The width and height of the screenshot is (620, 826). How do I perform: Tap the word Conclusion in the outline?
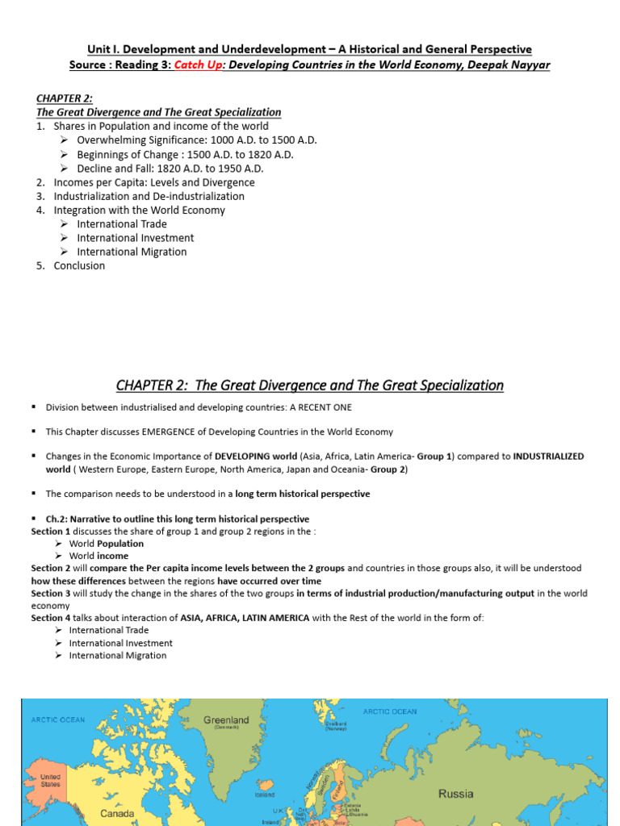(x=79, y=265)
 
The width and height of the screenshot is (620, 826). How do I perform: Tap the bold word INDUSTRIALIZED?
(x=548, y=457)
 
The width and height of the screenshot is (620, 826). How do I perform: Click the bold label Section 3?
(x=51, y=594)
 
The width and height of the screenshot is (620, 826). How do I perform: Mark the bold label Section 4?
(x=51, y=618)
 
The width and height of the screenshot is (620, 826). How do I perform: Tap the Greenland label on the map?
(x=227, y=720)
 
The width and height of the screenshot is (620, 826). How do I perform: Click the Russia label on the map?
(x=456, y=794)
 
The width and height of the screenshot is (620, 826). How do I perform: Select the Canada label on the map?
(x=117, y=814)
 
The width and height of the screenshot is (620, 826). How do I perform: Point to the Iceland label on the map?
(x=265, y=794)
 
